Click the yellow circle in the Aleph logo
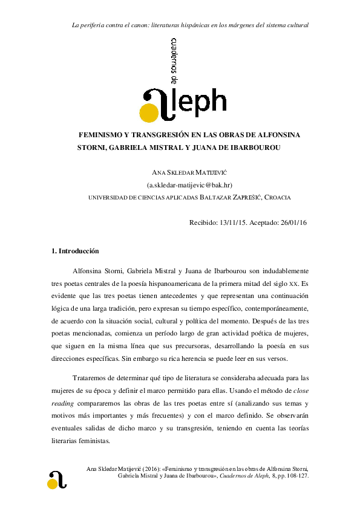(148, 113)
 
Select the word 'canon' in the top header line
(139, 25)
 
